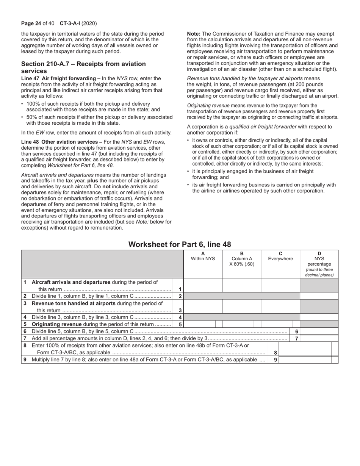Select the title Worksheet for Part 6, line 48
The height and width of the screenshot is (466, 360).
click(x=180, y=244)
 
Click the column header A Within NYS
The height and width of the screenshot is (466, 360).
click(x=203, y=256)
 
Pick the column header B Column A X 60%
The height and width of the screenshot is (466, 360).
click(x=242, y=259)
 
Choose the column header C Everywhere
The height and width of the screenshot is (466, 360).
click(x=280, y=256)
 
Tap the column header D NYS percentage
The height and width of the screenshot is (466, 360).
click(x=319, y=264)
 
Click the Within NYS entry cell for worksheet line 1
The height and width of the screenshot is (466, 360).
click(x=203, y=285)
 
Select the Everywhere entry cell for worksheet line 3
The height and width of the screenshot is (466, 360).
click(x=280, y=306)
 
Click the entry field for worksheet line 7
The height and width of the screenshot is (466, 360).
click(x=319, y=338)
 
